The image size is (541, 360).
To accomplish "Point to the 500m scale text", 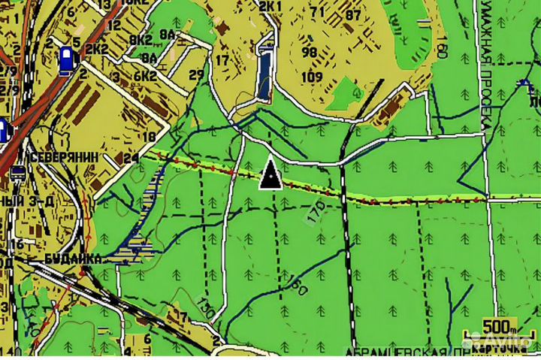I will click(x=500, y=327).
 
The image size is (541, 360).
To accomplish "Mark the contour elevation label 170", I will click(x=316, y=212).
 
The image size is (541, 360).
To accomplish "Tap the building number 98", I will click(x=309, y=53).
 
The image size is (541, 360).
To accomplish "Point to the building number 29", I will click(x=197, y=74).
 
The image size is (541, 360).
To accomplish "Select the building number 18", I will click(x=149, y=136).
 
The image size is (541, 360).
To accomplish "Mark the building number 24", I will click(x=131, y=158).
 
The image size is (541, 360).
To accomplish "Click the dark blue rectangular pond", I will click(x=264, y=73).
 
